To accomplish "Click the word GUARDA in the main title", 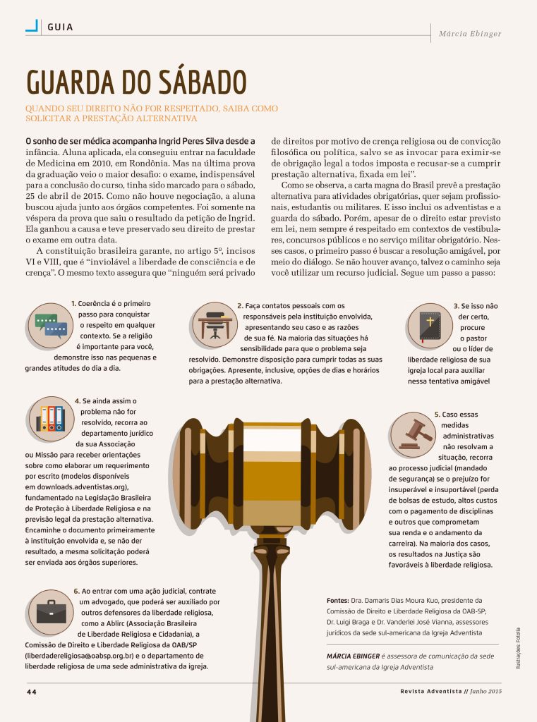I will [78, 82].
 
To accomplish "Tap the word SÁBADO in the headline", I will [199, 82].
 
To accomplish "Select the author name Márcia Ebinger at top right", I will [469, 33].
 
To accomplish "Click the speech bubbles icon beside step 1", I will [51, 324].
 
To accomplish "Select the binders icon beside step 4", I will [51, 418].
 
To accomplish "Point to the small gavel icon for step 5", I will [414, 432].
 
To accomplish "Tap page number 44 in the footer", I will [32, 692].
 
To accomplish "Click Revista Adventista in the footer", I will [430, 692].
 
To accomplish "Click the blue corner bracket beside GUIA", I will [32, 26].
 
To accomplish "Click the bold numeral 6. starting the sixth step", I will [76, 591].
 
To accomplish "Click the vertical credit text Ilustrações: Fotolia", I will [518, 649].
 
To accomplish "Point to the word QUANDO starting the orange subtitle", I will [44, 109].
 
